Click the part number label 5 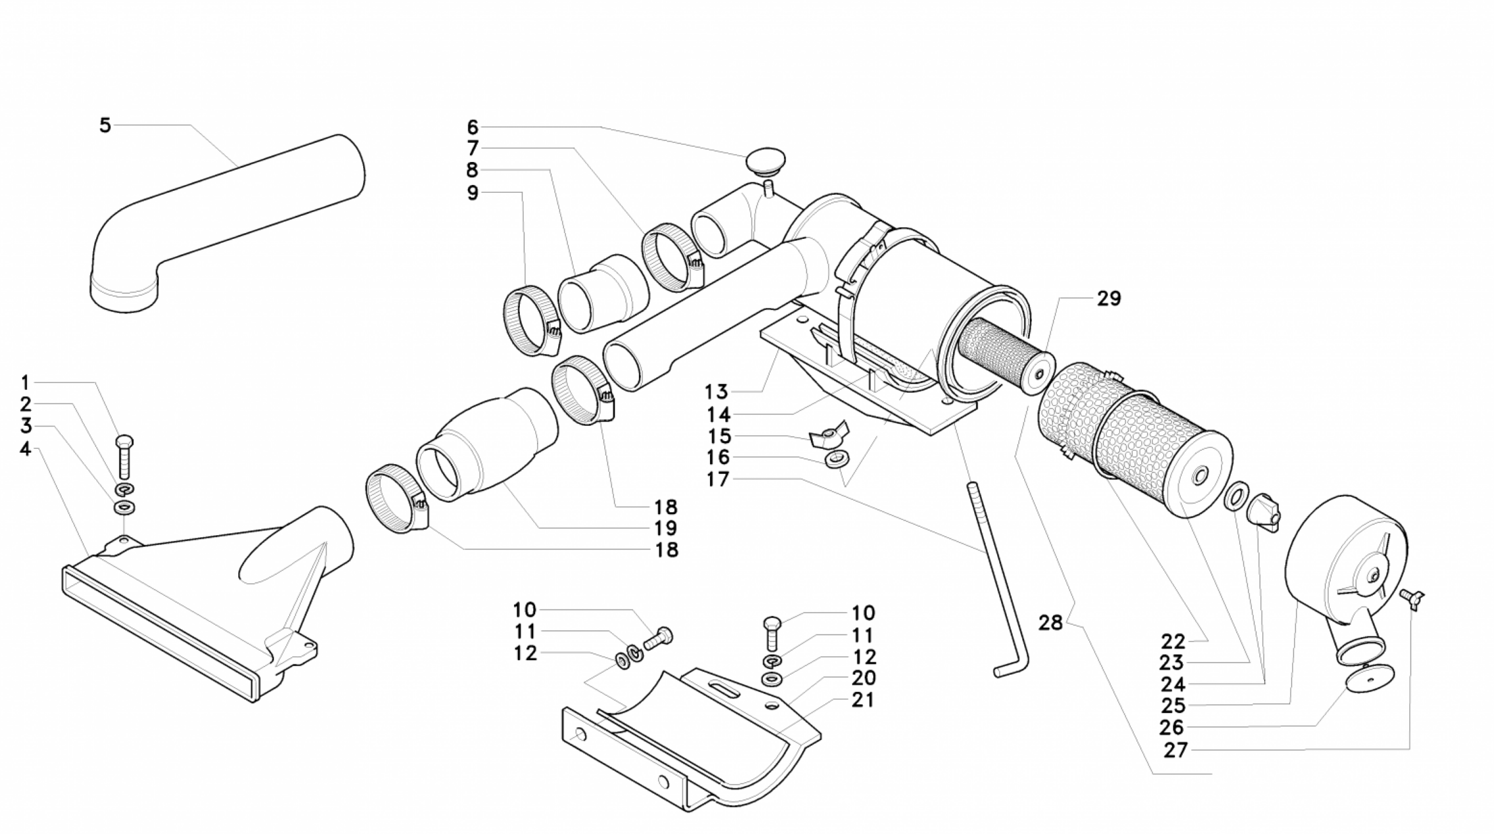pos(105,125)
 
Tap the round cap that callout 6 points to pos(765,162)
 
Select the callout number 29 pos(1108,298)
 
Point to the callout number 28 pos(1050,622)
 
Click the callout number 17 pos(717,479)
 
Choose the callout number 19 pos(666,528)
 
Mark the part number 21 pos(863,700)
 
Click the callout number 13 pos(716,392)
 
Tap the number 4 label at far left pos(25,449)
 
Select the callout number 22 pos(1173,640)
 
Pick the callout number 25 pos(1173,705)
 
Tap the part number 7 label pos(473,147)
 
